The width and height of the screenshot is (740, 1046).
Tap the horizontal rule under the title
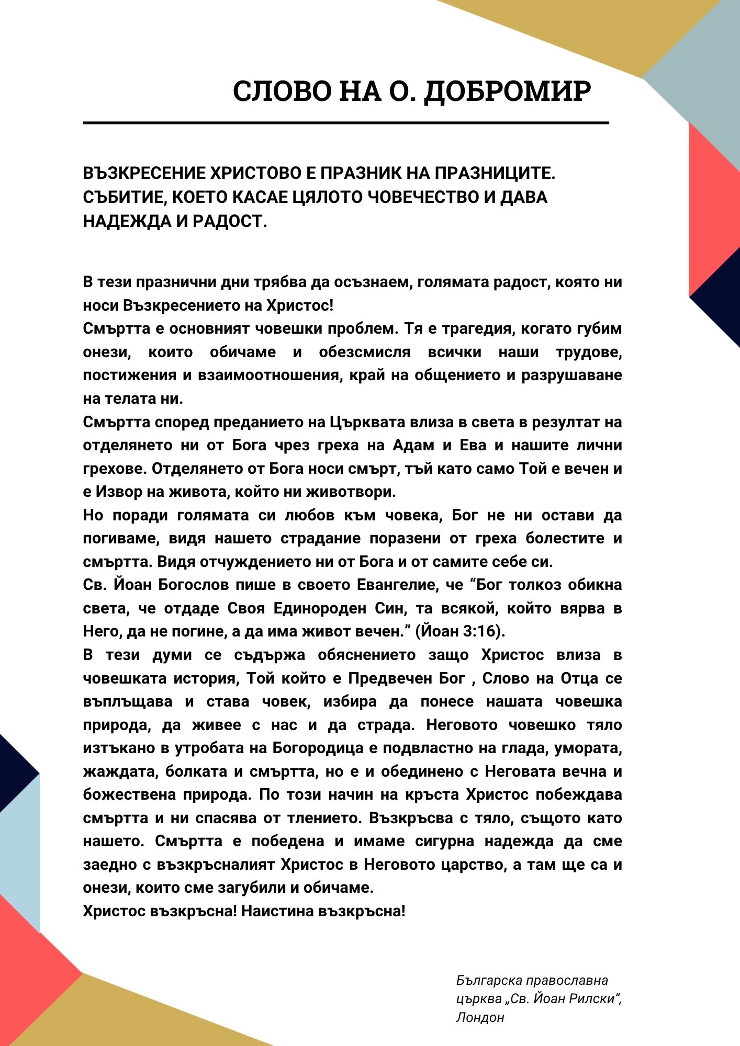click(x=345, y=123)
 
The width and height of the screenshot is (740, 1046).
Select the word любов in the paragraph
click(x=309, y=515)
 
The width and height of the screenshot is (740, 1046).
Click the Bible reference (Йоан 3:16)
click(x=460, y=631)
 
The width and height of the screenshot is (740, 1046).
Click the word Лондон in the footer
click(x=480, y=1017)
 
